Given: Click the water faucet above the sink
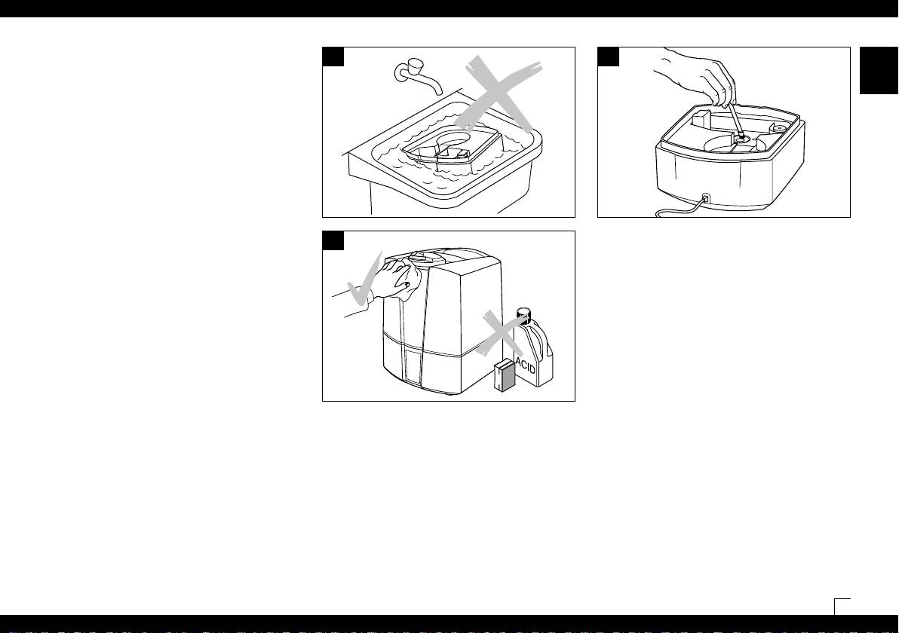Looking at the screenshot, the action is (x=417, y=75).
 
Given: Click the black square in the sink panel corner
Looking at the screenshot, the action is (x=333, y=57).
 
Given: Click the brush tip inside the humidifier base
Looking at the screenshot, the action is (x=741, y=136).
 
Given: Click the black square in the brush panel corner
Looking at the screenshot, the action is (x=609, y=57).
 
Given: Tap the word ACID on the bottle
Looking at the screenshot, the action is (x=526, y=364).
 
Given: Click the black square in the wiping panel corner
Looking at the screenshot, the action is (x=333, y=240).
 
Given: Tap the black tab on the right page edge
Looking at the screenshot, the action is (x=879, y=71).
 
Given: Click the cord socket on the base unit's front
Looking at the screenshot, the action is (x=706, y=199).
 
